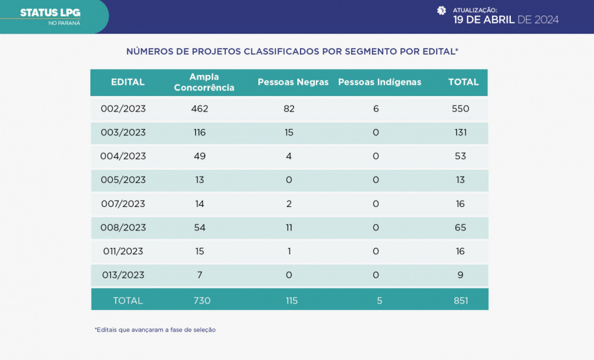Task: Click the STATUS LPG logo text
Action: click(50, 12)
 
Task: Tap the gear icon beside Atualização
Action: click(441, 10)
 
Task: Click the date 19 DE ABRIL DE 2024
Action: click(506, 19)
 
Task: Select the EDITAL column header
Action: click(128, 82)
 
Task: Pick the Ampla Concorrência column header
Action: click(204, 82)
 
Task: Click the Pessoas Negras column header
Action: click(293, 82)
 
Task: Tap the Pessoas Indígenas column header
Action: click(380, 82)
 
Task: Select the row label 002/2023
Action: click(123, 108)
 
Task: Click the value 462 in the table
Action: click(199, 108)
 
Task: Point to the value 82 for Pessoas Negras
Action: click(289, 108)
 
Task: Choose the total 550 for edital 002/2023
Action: click(460, 108)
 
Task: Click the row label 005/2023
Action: click(123, 180)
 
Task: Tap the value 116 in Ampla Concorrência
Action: click(199, 132)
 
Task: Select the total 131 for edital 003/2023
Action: click(460, 132)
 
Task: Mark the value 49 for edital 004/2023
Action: click(199, 156)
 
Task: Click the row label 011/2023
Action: click(123, 251)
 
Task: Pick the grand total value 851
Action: click(460, 300)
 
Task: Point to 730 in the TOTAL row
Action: click(202, 300)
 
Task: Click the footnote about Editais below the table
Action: click(155, 330)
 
